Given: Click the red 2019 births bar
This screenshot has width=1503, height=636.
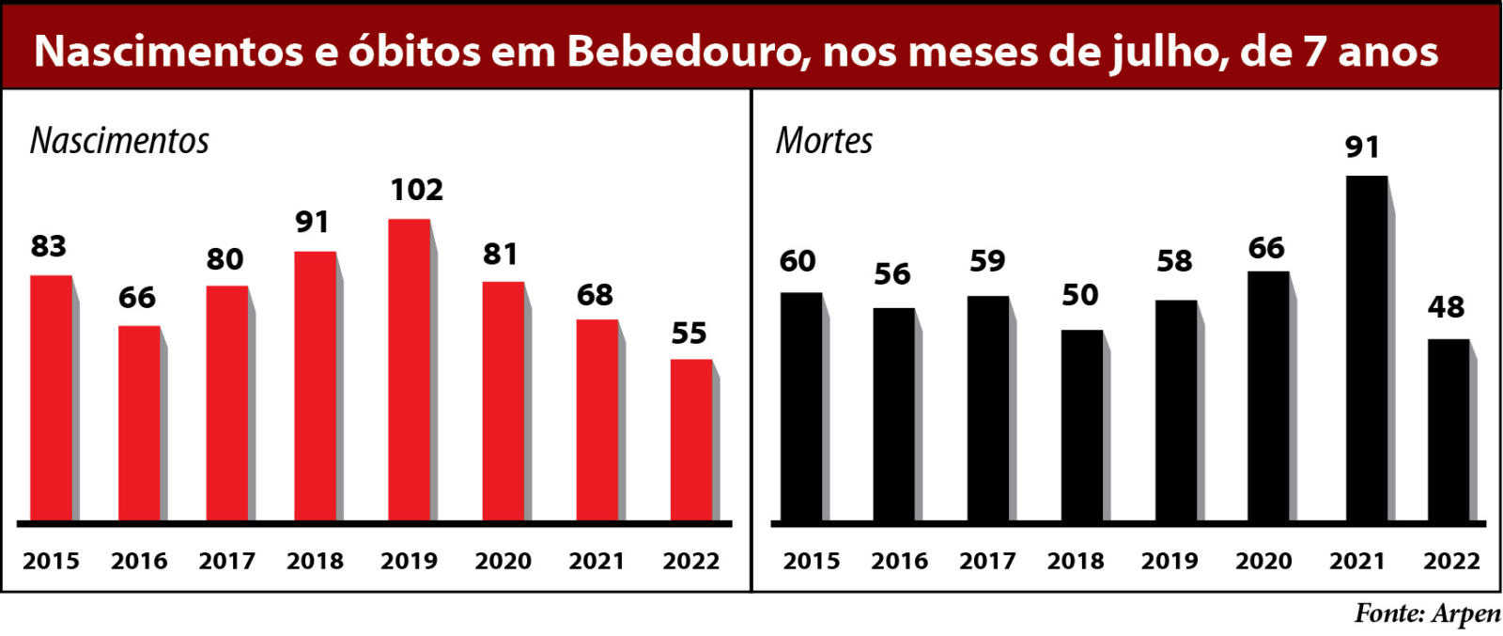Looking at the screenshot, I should (409, 370).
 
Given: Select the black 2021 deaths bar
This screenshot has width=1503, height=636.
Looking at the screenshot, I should (1366, 349).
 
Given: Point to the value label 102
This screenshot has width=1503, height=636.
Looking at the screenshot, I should (416, 191).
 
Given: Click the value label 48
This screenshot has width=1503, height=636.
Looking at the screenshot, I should (1446, 307).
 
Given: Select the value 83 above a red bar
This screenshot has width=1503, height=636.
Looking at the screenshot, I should (49, 246).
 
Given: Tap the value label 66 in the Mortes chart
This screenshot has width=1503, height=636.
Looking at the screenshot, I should (1266, 248).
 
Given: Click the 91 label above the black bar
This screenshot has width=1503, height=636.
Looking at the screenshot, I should (1362, 147).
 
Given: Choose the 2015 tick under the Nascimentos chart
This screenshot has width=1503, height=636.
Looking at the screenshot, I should (51, 561).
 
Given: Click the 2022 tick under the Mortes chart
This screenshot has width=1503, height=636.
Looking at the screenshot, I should (1451, 561).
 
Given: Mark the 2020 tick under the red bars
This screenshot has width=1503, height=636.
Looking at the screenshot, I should (503, 561).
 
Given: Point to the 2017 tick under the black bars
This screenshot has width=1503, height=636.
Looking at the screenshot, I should (987, 561).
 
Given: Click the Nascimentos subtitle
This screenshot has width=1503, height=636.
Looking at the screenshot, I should (119, 141).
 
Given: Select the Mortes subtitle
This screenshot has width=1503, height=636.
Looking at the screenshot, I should (824, 141).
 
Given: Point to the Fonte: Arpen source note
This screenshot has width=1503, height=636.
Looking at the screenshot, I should (1427, 613).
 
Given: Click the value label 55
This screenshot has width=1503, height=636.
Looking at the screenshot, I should (689, 334).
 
